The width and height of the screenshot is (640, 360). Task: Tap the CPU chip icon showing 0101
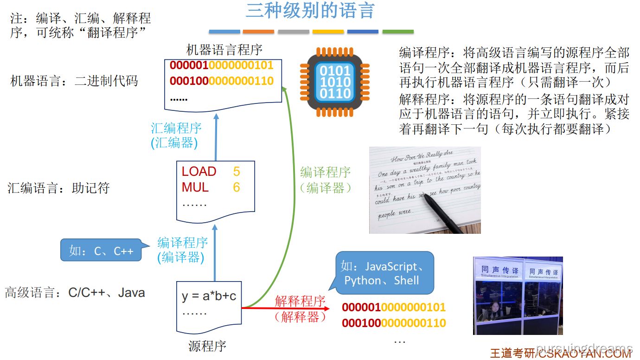(335, 83)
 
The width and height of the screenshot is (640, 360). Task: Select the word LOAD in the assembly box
(199, 172)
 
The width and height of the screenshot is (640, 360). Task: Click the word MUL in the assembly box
(195, 187)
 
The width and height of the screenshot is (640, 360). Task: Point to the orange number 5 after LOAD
(237, 172)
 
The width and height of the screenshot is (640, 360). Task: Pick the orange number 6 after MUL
(237, 187)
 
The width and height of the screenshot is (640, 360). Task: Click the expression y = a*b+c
(209, 296)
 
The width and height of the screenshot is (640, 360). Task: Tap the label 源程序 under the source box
(207, 346)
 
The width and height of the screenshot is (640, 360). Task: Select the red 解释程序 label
(300, 301)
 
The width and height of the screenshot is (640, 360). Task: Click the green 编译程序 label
(325, 172)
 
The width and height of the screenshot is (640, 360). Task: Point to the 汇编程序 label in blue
(176, 128)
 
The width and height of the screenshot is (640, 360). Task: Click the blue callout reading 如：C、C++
(101, 251)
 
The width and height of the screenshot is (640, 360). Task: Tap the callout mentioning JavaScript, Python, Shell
(384, 273)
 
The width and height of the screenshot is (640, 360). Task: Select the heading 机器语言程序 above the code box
(224, 50)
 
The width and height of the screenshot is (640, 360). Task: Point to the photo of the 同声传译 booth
(518, 296)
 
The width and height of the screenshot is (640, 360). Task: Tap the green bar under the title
(398, 32)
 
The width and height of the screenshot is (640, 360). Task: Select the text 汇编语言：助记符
(58, 188)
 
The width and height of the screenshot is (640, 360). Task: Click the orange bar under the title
(258, 32)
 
